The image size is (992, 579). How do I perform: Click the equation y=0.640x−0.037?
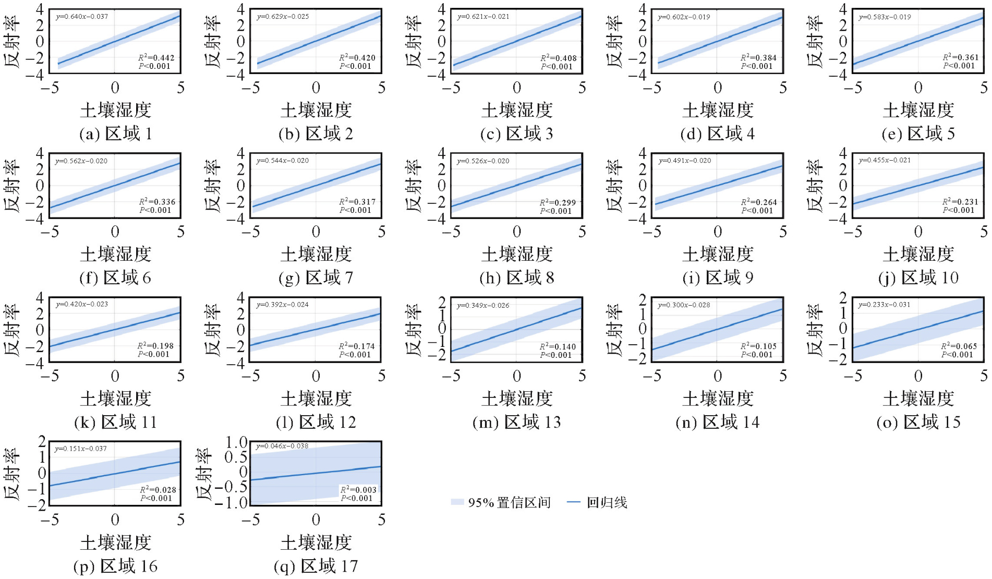coord(82,17)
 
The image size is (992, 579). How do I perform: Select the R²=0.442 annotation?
coord(156,58)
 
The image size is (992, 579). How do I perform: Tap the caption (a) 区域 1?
coord(116,134)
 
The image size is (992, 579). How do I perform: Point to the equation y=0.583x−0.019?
coord(885,17)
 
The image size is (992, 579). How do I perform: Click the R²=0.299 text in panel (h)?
coord(558,203)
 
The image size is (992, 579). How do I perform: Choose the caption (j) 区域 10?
coord(918,278)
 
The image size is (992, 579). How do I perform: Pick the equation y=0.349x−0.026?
coord(483,306)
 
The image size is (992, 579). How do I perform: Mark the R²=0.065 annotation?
coord(959,346)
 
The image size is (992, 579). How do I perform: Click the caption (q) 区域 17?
coord(316,566)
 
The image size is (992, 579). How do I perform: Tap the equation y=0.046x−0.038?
coord(282,447)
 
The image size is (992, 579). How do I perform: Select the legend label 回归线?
coord(607,503)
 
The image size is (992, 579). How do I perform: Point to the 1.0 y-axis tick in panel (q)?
coord(236,443)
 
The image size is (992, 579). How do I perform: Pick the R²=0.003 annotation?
coord(358,490)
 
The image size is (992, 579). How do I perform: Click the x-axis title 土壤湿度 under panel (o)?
coord(918,399)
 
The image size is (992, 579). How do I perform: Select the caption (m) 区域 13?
coord(517,423)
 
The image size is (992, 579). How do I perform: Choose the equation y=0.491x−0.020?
coord(684,161)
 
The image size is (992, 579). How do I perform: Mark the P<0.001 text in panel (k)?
coord(154,354)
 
